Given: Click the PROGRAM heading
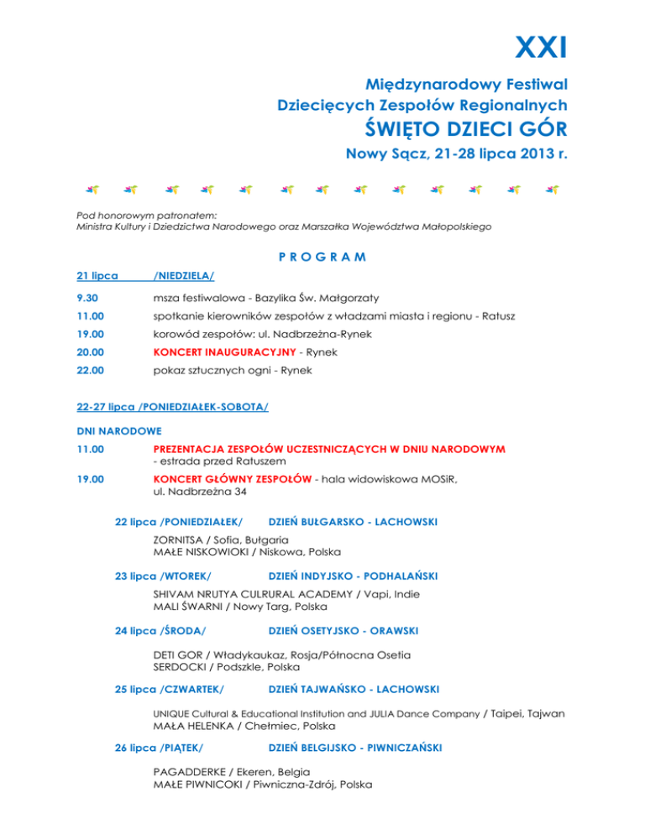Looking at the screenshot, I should (322, 257).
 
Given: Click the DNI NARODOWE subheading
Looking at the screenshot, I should (112, 430).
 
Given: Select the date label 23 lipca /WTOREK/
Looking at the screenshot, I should (162, 576).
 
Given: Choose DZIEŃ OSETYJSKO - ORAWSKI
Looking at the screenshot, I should (343, 630).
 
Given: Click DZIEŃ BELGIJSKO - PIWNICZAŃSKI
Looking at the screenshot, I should (355, 747).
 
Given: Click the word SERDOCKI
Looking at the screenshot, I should (179, 667).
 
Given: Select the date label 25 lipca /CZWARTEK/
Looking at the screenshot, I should (169, 689).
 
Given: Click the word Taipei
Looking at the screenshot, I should (508, 713).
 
